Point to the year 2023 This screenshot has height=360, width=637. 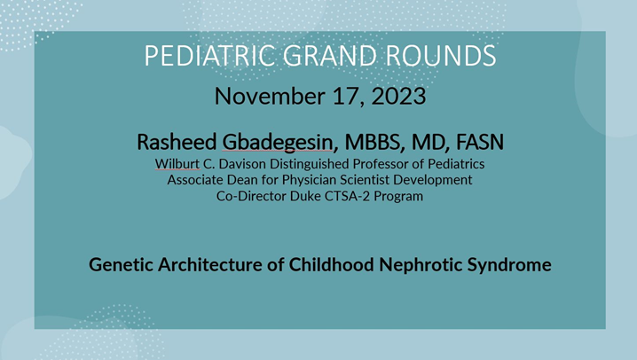pos(396,95)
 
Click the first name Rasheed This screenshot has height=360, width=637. pos(176,142)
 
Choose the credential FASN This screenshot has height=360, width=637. pos(480,142)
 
